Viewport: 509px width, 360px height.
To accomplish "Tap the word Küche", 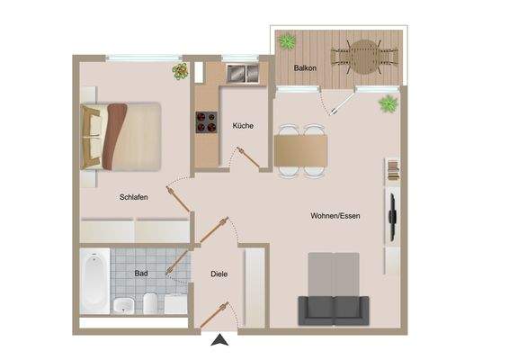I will click(x=242, y=126).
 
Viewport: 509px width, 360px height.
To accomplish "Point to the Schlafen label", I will click(x=133, y=196).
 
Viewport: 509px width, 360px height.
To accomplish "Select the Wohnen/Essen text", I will click(x=335, y=216).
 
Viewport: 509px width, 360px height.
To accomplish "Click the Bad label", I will click(x=141, y=272).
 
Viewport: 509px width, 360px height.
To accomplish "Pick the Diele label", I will click(x=219, y=274).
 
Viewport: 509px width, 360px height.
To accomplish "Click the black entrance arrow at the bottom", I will click(x=219, y=340).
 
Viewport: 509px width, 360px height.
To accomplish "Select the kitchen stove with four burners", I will click(x=206, y=121).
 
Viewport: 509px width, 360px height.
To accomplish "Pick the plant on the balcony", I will click(x=288, y=41).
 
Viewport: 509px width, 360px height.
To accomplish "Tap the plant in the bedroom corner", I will click(x=179, y=72).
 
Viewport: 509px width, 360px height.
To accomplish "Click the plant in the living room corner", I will click(x=388, y=103).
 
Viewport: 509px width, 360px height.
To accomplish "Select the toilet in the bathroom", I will click(x=150, y=302).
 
